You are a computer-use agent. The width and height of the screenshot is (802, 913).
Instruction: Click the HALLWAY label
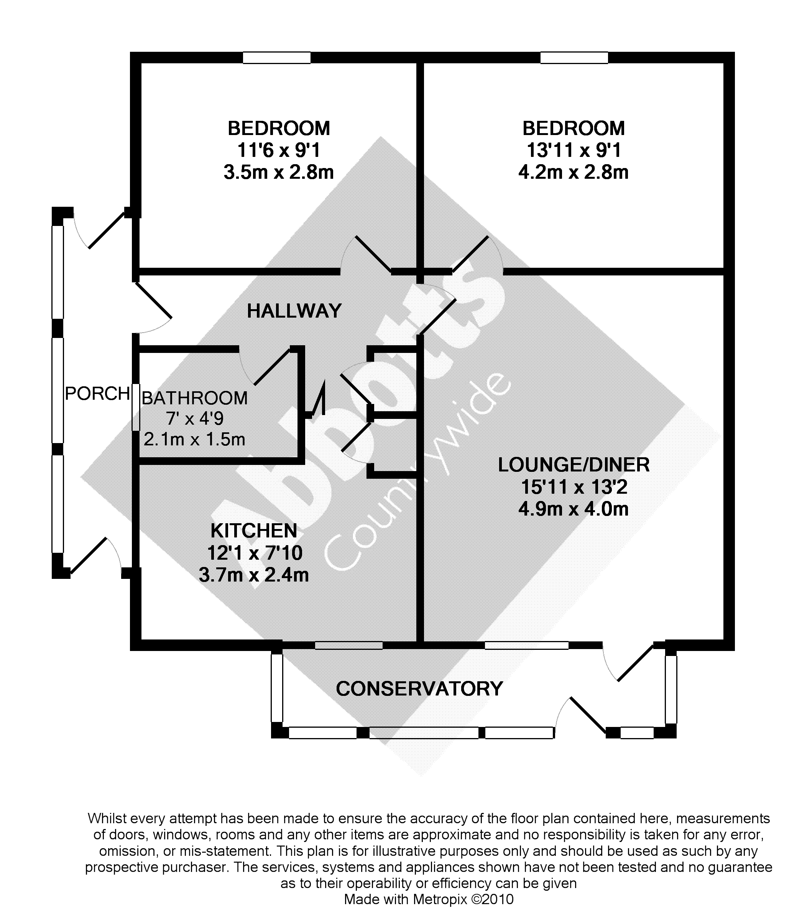pyautogui.click(x=294, y=311)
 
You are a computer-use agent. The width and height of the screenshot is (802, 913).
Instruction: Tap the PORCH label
pyautogui.click(x=97, y=394)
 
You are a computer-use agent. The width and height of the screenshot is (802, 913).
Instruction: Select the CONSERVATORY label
pyautogui.click(x=419, y=688)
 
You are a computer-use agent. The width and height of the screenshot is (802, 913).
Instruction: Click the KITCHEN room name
pyautogui.click(x=253, y=531)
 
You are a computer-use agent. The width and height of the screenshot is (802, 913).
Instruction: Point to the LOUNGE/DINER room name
pyautogui.click(x=574, y=465)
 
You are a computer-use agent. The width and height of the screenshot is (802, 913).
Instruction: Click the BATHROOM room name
pyautogui.click(x=195, y=398)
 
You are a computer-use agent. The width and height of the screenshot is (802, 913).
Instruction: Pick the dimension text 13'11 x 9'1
pyautogui.click(x=574, y=150)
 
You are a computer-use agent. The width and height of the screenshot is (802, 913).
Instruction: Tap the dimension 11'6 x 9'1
pyautogui.click(x=278, y=150)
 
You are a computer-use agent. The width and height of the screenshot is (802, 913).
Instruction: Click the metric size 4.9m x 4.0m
pyautogui.click(x=574, y=509)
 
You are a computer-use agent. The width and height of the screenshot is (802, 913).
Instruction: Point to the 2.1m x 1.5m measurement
pyautogui.click(x=195, y=440)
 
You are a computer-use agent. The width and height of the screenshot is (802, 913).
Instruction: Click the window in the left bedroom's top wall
pyautogui.click(x=277, y=58)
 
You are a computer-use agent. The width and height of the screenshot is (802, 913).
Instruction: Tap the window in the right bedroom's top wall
pyautogui.click(x=574, y=58)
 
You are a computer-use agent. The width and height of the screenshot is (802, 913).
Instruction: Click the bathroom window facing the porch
pyautogui.click(x=136, y=407)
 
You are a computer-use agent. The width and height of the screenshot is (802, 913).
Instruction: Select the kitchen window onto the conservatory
pyautogui.click(x=348, y=645)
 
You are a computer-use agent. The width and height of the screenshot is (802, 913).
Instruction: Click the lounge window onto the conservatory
pyautogui.click(x=527, y=645)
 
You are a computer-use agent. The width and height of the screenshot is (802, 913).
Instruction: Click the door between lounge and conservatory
pyautogui.click(x=636, y=663)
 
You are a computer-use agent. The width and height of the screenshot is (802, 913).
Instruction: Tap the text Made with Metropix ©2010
pyautogui.click(x=429, y=899)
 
